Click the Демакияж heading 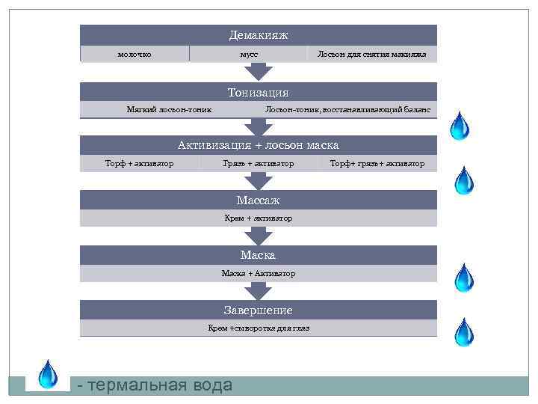pos(258,35)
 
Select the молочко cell pos(134,54)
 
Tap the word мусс pos(249,54)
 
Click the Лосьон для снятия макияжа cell pos(372,54)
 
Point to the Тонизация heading pos(258,93)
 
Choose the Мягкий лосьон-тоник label pos(169,110)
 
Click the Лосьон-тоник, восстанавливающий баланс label pos(347,110)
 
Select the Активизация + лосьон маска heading pos(258,145)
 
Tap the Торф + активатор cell pos(139,163)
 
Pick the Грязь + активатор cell pos(259,163)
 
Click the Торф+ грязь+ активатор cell pos(377,163)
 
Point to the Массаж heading pos(258,201)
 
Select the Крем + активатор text pos(258,218)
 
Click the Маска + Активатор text pos(258,273)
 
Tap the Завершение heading pos(258,310)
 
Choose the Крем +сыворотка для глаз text pos(258,328)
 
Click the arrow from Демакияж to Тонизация pos(259,72)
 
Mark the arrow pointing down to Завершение pos(259,291)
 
